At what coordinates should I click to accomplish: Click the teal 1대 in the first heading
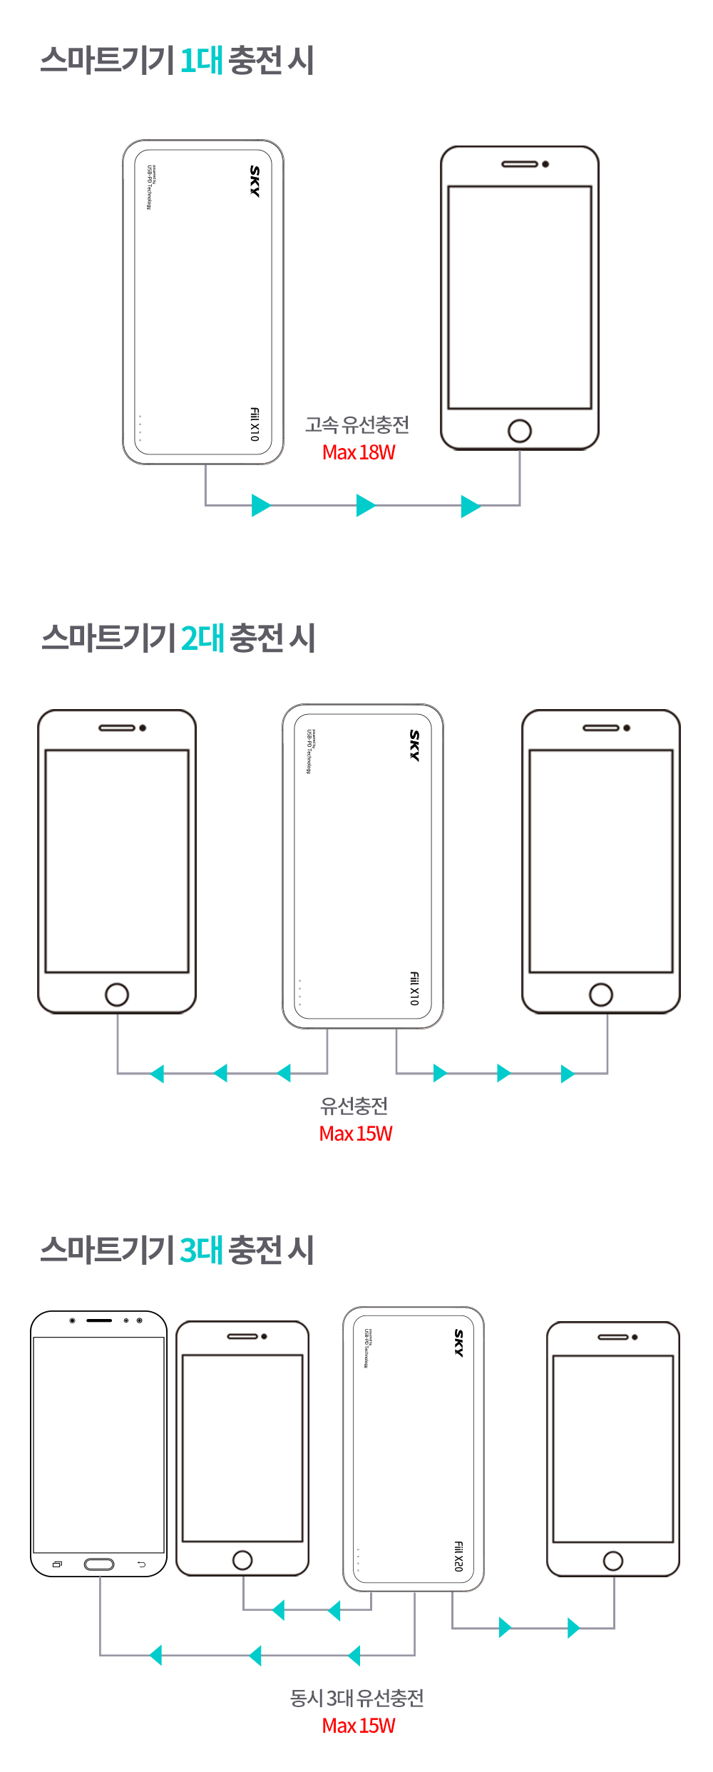pyautogui.click(x=201, y=61)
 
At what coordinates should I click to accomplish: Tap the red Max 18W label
pyautogui.click(x=359, y=452)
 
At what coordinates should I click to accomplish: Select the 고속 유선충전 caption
pyautogui.click(x=357, y=425)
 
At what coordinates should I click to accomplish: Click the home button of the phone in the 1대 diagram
pyautogui.click(x=520, y=431)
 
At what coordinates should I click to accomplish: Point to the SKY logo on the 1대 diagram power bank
pyautogui.click(x=255, y=181)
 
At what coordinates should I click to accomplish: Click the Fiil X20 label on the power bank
pyautogui.click(x=458, y=1556)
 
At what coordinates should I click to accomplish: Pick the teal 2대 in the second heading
pyautogui.click(x=202, y=638)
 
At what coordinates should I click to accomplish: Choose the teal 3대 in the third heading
pyautogui.click(x=202, y=1251)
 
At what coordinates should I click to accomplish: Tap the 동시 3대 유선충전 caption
pyautogui.click(x=356, y=1699)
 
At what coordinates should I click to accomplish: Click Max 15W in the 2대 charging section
pyautogui.click(x=356, y=1134)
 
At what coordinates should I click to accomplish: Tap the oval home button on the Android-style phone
pyautogui.click(x=99, y=1564)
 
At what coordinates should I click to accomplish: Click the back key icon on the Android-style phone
pyautogui.click(x=141, y=1564)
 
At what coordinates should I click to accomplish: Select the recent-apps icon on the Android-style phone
pyautogui.click(x=57, y=1564)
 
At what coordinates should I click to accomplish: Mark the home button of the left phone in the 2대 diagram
pyautogui.click(x=117, y=994)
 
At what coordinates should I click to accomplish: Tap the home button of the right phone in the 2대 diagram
pyautogui.click(x=601, y=994)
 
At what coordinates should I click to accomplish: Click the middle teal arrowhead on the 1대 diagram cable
pyautogui.click(x=365, y=505)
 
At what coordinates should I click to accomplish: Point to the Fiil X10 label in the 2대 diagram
pyautogui.click(x=414, y=989)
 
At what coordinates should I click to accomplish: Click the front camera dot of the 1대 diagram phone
pyautogui.click(x=545, y=164)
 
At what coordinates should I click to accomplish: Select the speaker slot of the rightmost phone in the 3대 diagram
pyautogui.click(x=613, y=1337)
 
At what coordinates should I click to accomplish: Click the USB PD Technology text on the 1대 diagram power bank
pyautogui.click(x=149, y=187)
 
